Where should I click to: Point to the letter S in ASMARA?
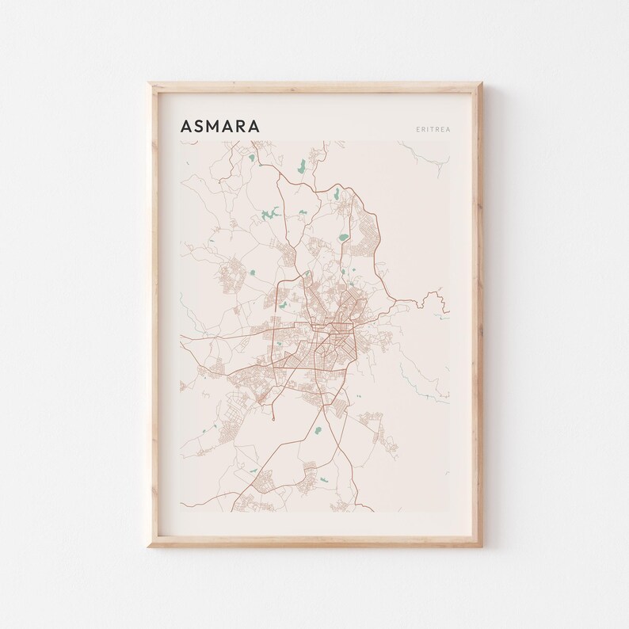[x=200, y=126]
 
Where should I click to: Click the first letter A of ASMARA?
[x=185, y=126]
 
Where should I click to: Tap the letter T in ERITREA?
[x=431, y=128]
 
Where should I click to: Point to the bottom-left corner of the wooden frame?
[x=151, y=547]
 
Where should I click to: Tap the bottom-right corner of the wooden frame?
[x=481, y=547]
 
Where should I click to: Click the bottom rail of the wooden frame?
[x=316, y=543]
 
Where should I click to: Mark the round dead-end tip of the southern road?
[x=274, y=417]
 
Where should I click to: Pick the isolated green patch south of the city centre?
[x=318, y=430]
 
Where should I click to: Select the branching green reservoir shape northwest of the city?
[x=268, y=215]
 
